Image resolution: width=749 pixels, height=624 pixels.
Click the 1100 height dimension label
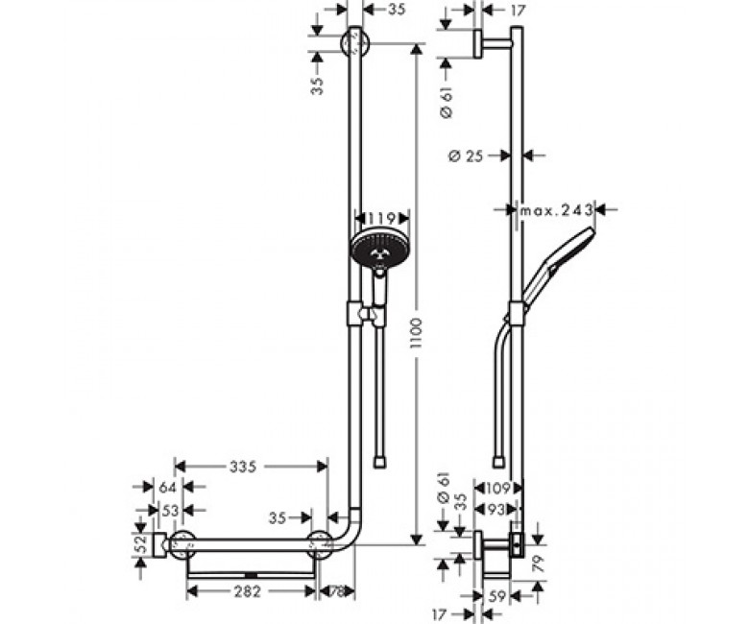[x=417, y=332]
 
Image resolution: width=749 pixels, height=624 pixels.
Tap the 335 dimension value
[x=243, y=467]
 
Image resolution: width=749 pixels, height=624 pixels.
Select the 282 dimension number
[x=248, y=592]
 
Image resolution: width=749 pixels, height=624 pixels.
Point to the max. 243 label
[x=557, y=209]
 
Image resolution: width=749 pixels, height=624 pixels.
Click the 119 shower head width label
[x=383, y=218]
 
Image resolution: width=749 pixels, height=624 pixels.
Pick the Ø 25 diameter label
[x=467, y=156]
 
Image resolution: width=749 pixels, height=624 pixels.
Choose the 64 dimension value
[x=168, y=488]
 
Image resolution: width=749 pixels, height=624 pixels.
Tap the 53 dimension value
[x=170, y=511]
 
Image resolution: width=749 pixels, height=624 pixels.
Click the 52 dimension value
[x=139, y=544]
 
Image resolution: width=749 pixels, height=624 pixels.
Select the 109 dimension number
[x=498, y=489]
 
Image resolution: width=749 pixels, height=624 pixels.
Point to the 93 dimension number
[x=496, y=510]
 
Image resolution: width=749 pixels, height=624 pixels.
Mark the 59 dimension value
[x=497, y=596]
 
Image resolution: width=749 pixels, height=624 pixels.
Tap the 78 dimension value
[x=337, y=592]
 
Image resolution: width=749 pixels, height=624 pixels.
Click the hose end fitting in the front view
[x=379, y=462]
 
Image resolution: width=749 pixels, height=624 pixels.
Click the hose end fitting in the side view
[x=498, y=462]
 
